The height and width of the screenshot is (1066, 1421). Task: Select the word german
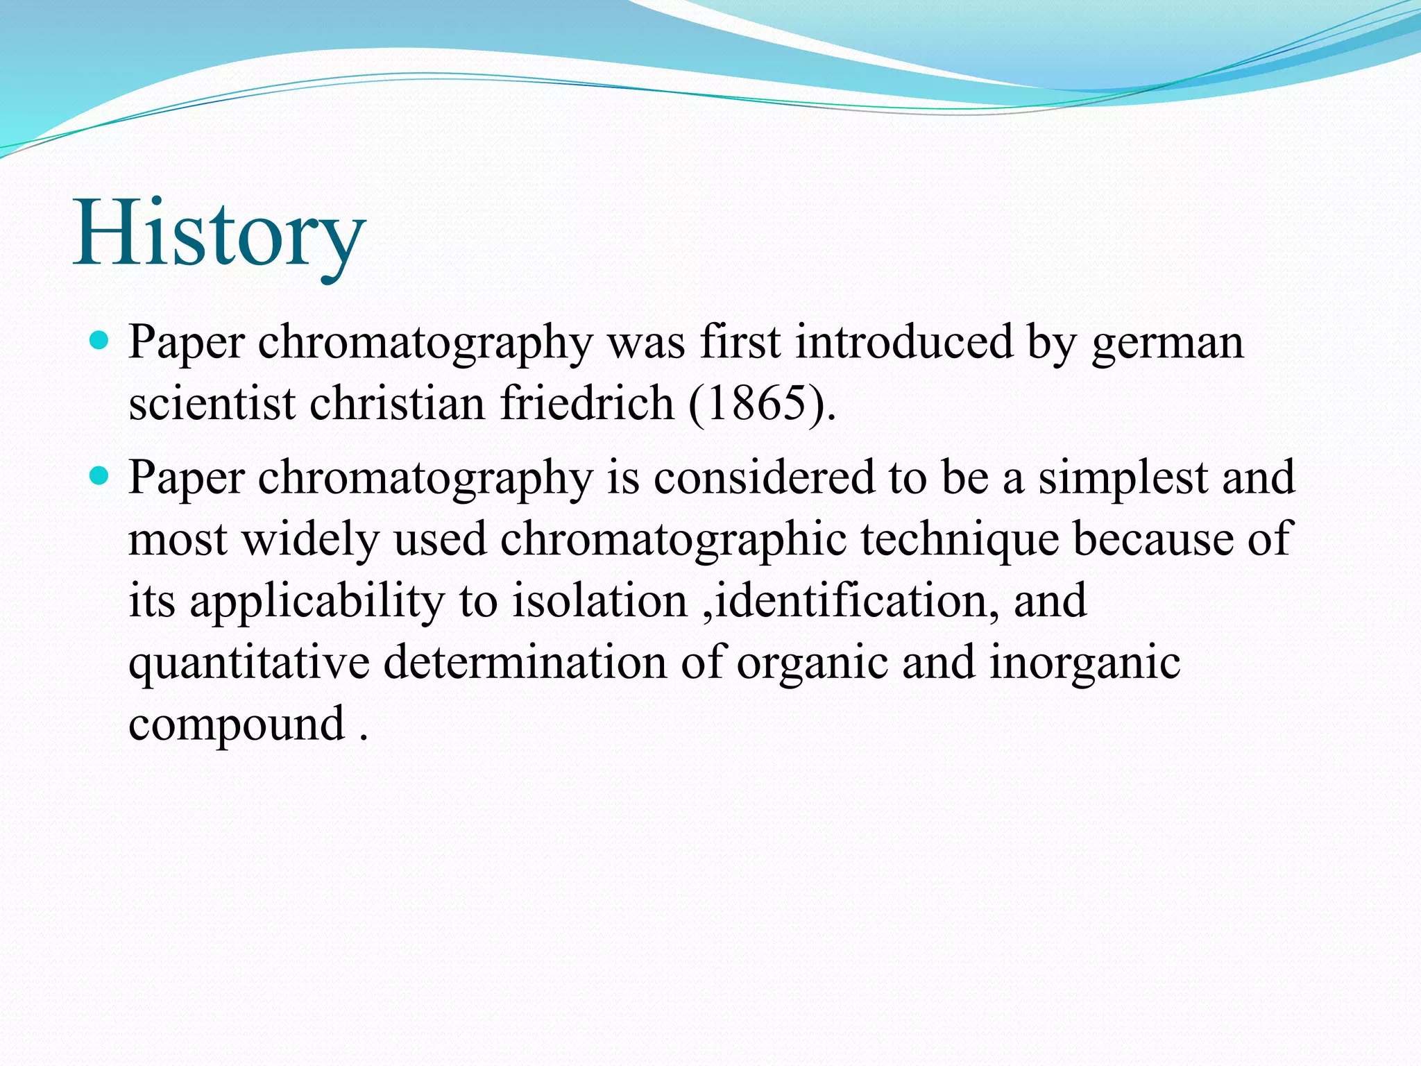click(1167, 342)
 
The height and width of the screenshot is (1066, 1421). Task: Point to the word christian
click(397, 403)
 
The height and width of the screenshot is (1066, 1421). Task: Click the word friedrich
click(587, 403)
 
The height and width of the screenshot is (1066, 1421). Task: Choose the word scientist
click(212, 403)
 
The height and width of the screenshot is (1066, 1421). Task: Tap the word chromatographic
click(673, 539)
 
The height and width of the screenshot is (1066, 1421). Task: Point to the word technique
click(960, 539)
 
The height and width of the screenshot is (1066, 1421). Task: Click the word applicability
click(316, 601)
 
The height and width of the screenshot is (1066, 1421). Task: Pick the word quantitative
click(248, 663)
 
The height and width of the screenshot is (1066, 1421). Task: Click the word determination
click(525, 663)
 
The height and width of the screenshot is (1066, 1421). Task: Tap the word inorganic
click(1084, 663)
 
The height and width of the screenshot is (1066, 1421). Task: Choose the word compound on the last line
click(237, 725)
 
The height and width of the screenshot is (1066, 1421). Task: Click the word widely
click(310, 539)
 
